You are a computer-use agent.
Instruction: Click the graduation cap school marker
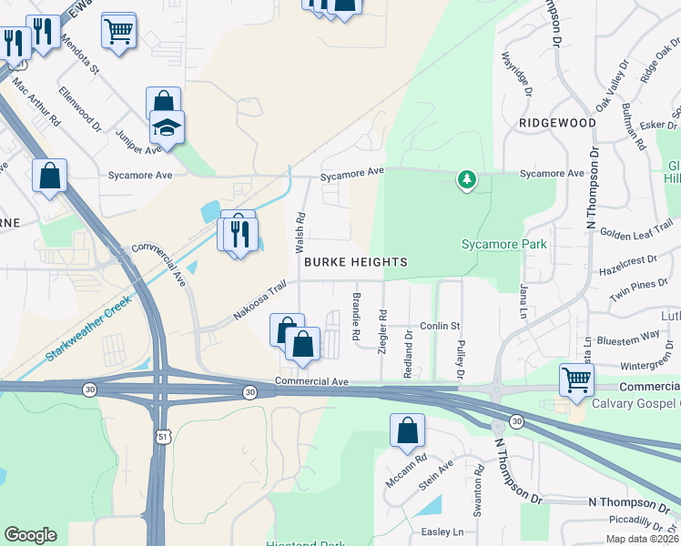point(167,128)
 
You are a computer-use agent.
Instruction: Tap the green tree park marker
point(467,179)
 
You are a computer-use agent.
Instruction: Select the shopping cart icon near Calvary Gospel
point(577,380)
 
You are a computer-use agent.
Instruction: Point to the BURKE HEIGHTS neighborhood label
point(355,262)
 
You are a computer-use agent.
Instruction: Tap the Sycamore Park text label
point(504,244)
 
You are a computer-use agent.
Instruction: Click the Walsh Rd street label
point(300,234)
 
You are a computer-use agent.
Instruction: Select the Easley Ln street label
point(442,531)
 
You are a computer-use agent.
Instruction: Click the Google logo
point(30,535)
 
